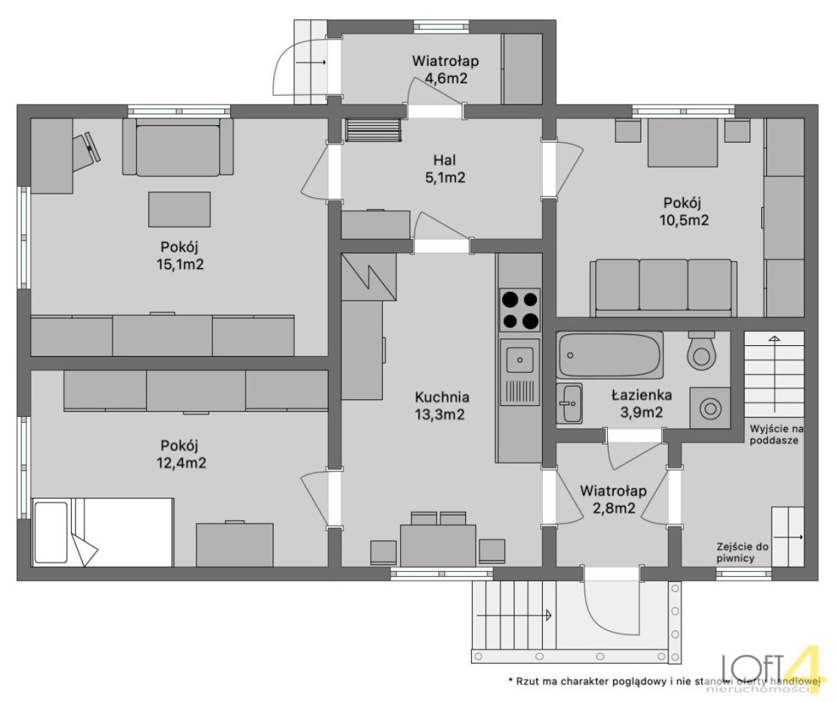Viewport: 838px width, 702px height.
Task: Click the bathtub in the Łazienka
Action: tap(610, 355)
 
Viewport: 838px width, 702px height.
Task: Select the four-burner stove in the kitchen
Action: tap(519, 310)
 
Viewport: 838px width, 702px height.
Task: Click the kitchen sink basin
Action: tap(519, 359)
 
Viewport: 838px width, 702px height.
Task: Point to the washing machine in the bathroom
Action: tap(709, 408)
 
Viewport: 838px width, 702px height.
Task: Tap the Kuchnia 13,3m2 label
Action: tap(442, 406)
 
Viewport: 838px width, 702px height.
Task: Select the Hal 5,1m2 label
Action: tap(445, 168)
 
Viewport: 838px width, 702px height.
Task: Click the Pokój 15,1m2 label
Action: tap(182, 256)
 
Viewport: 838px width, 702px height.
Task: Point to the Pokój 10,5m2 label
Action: tap(686, 211)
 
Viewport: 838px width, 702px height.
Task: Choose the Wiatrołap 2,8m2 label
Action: tap(614, 499)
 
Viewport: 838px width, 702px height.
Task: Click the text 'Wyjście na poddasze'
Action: tap(777, 434)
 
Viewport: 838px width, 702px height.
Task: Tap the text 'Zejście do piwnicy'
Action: tap(742, 553)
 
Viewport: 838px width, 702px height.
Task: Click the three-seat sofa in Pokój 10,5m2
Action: tap(663, 288)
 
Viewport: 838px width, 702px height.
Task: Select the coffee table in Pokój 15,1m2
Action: tap(179, 209)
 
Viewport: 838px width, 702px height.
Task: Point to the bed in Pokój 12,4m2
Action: tap(103, 532)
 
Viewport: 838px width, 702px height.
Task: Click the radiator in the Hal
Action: tap(373, 129)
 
